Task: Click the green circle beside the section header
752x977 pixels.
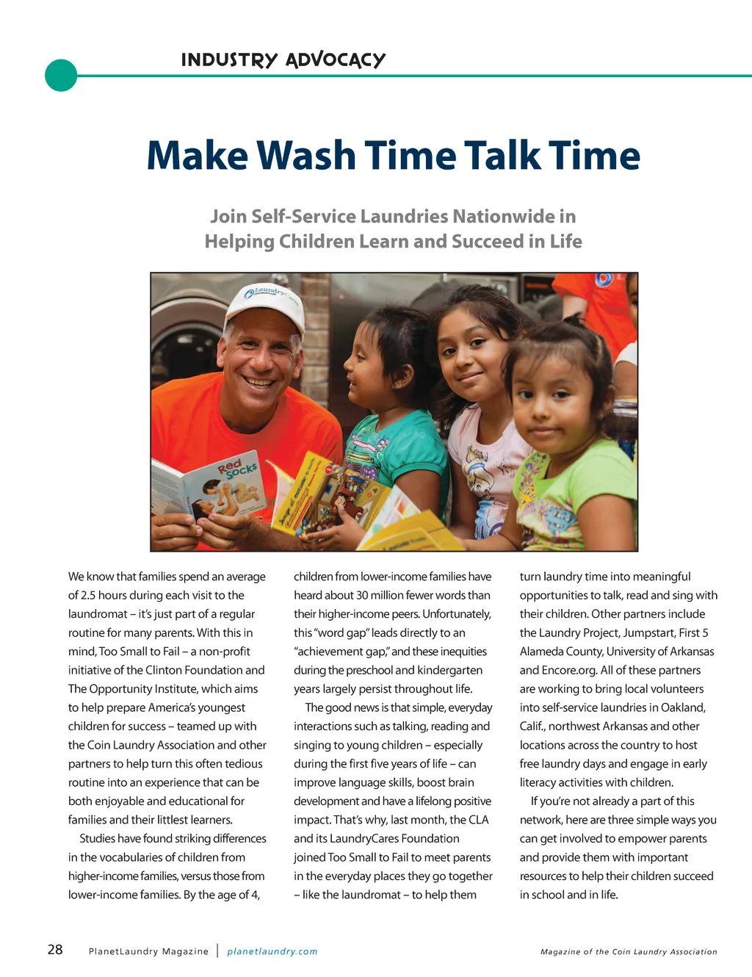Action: click(x=61, y=75)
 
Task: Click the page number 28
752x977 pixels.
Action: click(x=55, y=950)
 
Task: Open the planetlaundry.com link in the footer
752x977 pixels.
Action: click(x=272, y=951)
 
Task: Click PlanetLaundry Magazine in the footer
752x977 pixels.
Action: click(x=148, y=951)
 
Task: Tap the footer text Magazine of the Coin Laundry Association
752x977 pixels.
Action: click(x=629, y=951)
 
